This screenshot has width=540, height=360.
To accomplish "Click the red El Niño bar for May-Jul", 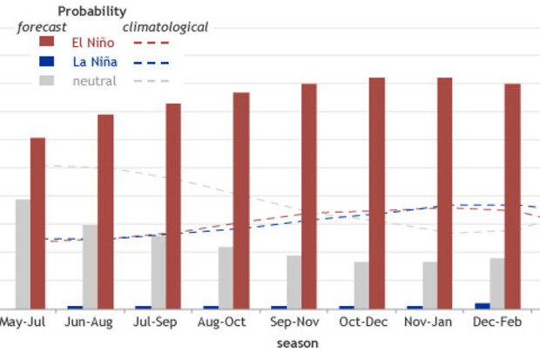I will [x=37, y=222].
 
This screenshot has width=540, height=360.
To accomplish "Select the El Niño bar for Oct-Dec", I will [x=376, y=193].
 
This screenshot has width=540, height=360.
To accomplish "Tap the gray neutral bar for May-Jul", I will [x=22, y=253].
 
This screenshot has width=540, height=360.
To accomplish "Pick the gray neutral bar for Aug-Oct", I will [x=226, y=277].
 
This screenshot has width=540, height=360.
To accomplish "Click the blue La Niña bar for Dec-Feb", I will [x=482, y=305].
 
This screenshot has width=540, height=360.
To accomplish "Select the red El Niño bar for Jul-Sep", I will [x=173, y=206].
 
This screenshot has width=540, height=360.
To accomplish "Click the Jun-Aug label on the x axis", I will [x=88, y=322].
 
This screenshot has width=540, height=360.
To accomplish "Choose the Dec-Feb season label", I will [x=497, y=322].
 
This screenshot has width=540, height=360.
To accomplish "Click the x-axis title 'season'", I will [x=297, y=343].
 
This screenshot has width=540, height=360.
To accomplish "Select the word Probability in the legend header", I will [x=91, y=11].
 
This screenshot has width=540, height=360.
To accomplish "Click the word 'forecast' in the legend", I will [x=42, y=27].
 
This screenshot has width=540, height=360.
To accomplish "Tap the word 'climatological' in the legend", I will [x=165, y=27].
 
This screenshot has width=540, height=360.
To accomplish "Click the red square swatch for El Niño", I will [x=47, y=42].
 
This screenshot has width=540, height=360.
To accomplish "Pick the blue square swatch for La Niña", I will [x=47, y=61].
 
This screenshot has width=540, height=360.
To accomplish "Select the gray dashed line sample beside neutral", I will [x=151, y=81].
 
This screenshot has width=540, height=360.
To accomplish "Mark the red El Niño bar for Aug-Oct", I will [x=241, y=200].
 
